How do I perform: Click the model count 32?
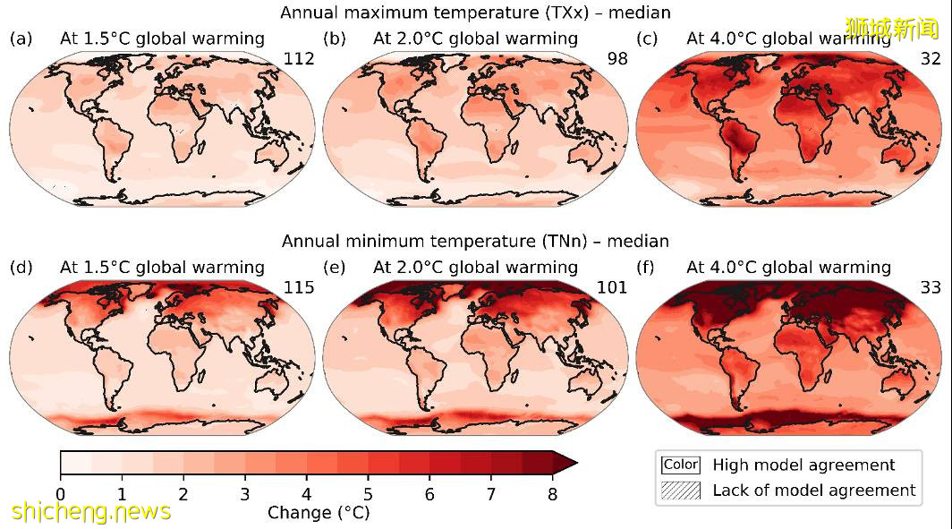click(931, 59)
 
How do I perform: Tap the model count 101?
click(612, 287)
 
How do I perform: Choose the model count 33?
click(931, 287)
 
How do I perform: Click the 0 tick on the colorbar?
click(60, 493)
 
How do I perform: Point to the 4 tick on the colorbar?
click(307, 493)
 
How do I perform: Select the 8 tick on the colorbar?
click(553, 493)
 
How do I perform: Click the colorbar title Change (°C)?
click(318, 513)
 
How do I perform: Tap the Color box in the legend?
click(680, 465)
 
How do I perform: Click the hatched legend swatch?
click(680, 491)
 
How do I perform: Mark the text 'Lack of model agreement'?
click(813, 491)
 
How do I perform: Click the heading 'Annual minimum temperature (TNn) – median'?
click(475, 241)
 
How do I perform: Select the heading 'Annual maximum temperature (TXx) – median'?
click(475, 13)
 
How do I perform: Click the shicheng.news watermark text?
click(91, 511)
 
